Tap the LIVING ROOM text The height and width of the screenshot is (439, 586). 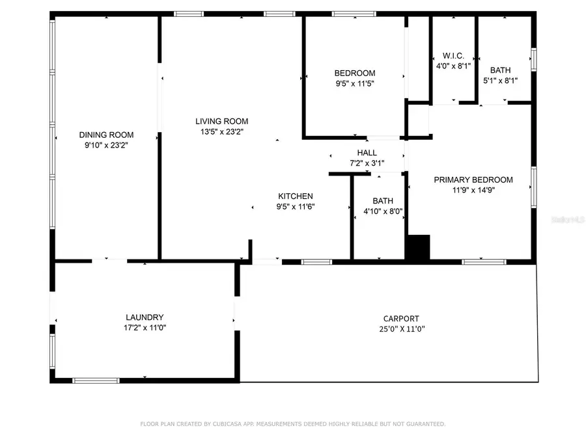pyautogui.click(x=221, y=121)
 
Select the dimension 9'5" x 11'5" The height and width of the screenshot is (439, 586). pyautogui.click(x=355, y=83)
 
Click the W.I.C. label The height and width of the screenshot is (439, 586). pyautogui.click(x=453, y=55)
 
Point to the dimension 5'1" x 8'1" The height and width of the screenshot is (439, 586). pyautogui.click(x=500, y=81)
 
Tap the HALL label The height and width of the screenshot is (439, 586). pyautogui.click(x=367, y=153)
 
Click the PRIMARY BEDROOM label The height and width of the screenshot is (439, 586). pyautogui.click(x=473, y=180)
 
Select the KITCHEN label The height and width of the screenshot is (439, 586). pyautogui.click(x=296, y=196)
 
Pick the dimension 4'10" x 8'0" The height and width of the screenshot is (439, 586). pyautogui.click(x=383, y=211)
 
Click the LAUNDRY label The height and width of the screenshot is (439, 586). pyautogui.click(x=140, y=317)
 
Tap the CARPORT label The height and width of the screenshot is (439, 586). pyautogui.click(x=400, y=318)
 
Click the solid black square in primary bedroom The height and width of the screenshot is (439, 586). pyautogui.click(x=418, y=248)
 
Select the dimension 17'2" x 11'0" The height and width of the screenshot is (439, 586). pyautogui.click(x=140, y=328)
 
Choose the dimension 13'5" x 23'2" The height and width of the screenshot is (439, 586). pyautogui.click(x=221, y=131)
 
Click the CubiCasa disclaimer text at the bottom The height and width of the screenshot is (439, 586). pyautogui.click(x=293, y=424)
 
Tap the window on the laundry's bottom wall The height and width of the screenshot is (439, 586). pyautogui.click(x=96, y=380)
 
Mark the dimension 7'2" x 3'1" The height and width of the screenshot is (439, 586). pyautogui.click(x=367, y=163)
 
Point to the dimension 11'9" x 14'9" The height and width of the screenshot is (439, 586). pyautogui.click(x=473, y=191)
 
